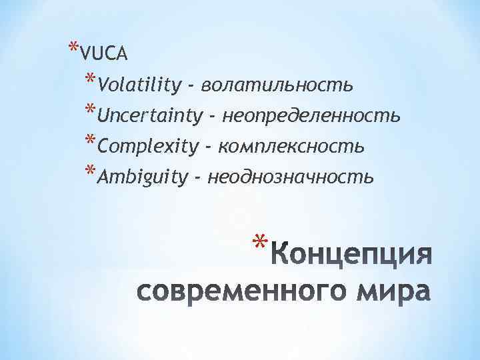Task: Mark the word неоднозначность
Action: click(x=291, y=177)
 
